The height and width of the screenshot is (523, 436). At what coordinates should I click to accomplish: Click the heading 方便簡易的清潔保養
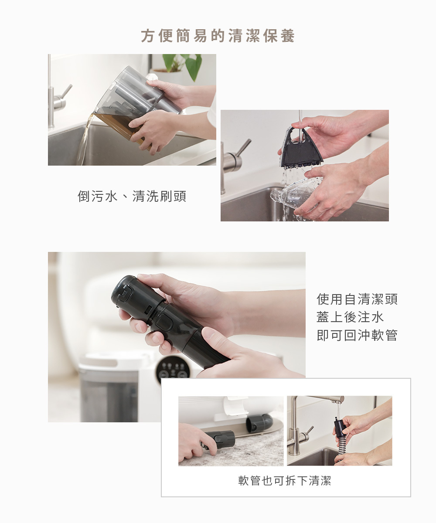(218, 36)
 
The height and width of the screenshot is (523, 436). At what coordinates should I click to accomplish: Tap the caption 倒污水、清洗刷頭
(132, 196)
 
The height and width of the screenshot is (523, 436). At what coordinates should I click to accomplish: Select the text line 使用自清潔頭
(357, 299)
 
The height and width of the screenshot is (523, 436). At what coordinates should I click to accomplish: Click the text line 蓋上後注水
(350, 317)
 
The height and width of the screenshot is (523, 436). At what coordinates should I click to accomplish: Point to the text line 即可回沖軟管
(357, 335)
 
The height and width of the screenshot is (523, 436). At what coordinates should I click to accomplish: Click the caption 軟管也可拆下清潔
(285, 480)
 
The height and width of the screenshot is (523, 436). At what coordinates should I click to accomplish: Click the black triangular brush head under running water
(301, 148)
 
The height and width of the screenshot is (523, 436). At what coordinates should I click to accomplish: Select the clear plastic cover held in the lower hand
(296, 192)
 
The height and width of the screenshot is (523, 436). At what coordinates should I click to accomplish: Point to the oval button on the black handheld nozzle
(164, 322)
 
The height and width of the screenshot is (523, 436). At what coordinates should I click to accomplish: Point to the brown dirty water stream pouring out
(84, 140)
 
